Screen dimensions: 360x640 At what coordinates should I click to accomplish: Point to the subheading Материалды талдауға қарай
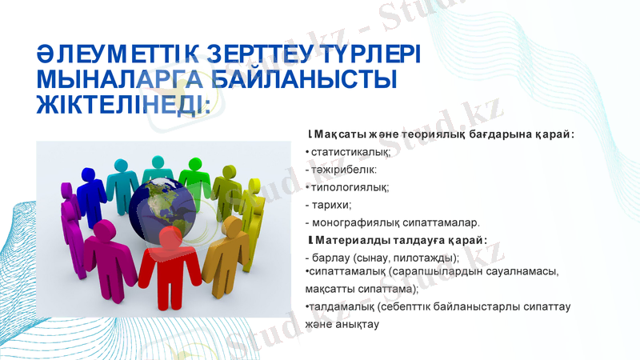pyautogui.click(x=400, y=240)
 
